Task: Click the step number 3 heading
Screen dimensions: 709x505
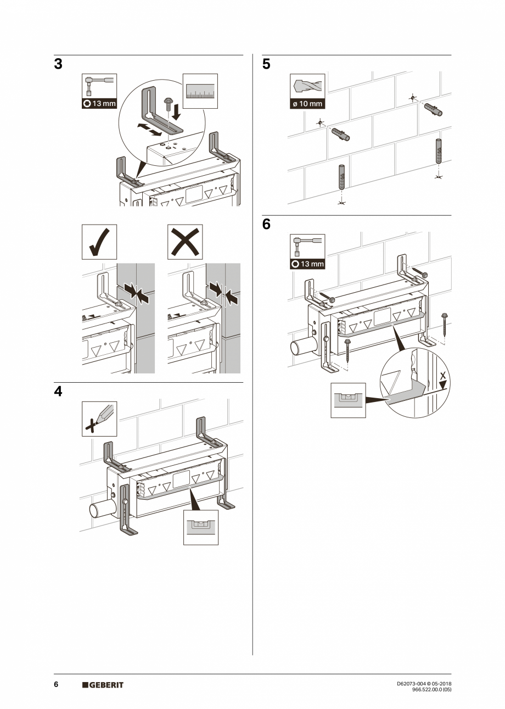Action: coord(58,64)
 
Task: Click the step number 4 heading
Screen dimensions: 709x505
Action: coord(58,392)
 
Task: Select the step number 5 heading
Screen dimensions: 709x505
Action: coord(266,64)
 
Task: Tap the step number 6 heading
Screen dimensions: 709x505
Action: coord(266,225)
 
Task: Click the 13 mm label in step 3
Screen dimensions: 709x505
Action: coord(99,103)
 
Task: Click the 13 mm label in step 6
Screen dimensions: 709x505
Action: coord(307,264)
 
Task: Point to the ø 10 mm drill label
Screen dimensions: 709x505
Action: coord(307,103)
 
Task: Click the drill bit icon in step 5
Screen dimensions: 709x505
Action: coord(307,87)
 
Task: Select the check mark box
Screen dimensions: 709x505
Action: coord(99,242)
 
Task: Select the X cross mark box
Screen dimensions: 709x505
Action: coord(185,242)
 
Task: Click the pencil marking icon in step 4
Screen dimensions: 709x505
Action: coord(99,418)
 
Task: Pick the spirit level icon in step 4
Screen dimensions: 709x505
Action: coord(201,527)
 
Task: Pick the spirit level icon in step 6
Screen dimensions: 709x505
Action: coord(348,400)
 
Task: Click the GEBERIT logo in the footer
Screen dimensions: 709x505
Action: coord(103,685)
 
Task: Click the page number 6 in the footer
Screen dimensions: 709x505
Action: coord(56,685)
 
